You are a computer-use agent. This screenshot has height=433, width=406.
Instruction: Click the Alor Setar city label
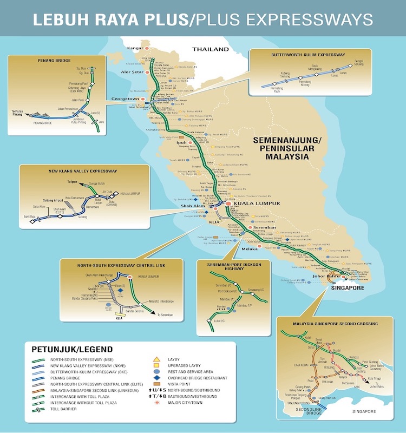(132, 71)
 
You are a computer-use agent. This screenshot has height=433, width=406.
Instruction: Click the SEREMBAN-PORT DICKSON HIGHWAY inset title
(231, 267)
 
